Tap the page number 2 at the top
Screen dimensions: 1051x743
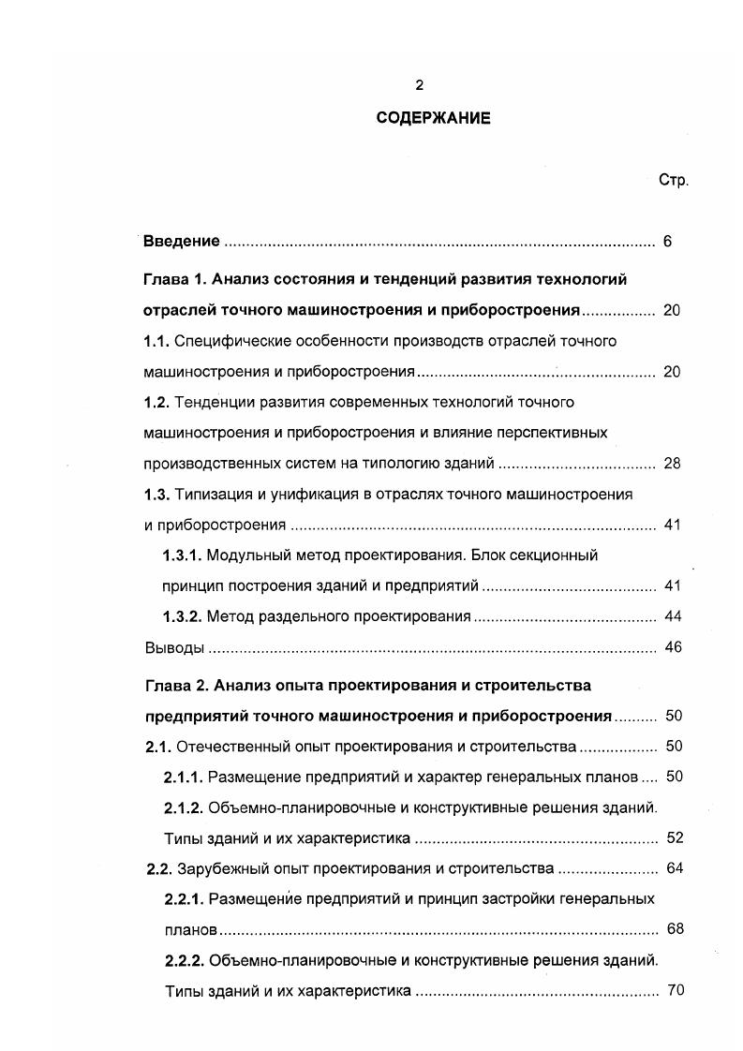[x=420, y=85]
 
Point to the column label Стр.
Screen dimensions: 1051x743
[x=674, y=180]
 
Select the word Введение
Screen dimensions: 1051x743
[x=182, y=242]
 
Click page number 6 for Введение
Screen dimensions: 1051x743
[x=668, y=242]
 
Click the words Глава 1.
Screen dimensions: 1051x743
[x=174, y=279]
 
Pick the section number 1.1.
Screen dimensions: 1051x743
[x=156, y=341]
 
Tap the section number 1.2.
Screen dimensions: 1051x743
[x=156, y=402]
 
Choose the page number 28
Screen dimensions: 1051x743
[x=672, y=464]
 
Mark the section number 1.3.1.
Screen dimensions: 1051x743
[x=182, y=555]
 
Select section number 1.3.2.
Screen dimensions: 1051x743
[x=182, y=616]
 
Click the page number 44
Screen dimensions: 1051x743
[x=672, y=616]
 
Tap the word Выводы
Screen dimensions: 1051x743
[x=174, y=647]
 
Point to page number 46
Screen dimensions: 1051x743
[x=672, y=647]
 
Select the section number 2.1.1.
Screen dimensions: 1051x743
[x=184, y=777]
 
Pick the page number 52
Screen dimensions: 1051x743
[x=674, y=837]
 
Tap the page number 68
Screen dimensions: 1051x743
[x=675, y=929]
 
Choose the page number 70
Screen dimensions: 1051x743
[x=675, y=990]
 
